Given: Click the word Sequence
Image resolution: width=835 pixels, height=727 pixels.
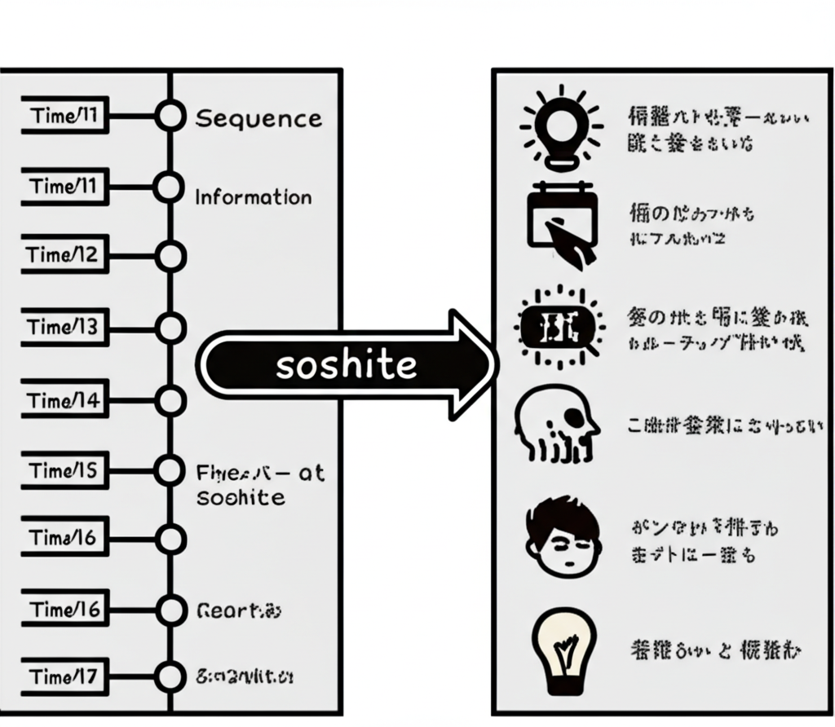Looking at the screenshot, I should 258,119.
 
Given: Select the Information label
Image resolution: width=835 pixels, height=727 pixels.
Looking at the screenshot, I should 253,197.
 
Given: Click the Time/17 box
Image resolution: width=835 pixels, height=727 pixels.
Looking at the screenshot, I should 63,676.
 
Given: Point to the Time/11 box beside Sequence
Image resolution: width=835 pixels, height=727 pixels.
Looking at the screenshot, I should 64,117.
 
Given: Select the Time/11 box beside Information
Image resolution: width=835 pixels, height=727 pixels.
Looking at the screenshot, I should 64,187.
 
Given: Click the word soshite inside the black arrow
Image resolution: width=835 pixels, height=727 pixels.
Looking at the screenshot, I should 347,365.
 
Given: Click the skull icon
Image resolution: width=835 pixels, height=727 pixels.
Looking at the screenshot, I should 556,425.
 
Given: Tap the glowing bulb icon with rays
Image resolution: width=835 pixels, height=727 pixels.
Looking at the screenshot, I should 562,128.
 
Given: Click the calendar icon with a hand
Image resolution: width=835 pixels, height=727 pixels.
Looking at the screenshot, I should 562,224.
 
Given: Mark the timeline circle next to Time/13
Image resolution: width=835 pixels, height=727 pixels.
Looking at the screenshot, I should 170,328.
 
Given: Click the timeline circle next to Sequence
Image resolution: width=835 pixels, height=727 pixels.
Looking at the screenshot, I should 170,117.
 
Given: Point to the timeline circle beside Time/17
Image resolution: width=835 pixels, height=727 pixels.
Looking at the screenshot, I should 170,676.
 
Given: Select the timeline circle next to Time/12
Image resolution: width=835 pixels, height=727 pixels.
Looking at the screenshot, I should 170,256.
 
